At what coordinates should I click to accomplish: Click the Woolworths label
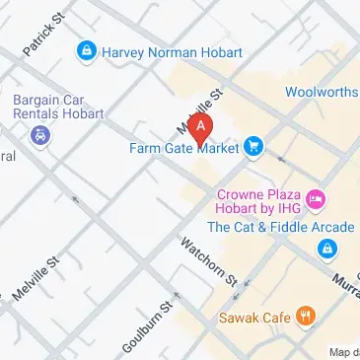point(322,92)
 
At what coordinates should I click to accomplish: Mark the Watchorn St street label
point(210,263)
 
